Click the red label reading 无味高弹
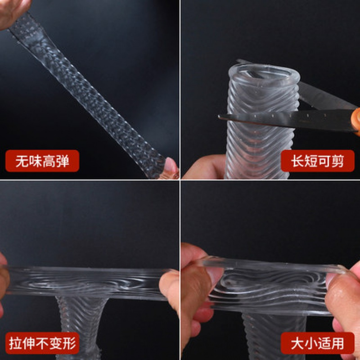[42, 161]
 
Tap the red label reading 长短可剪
[318, 161]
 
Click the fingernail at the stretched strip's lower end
[170, 166]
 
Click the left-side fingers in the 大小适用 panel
[198, 279]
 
